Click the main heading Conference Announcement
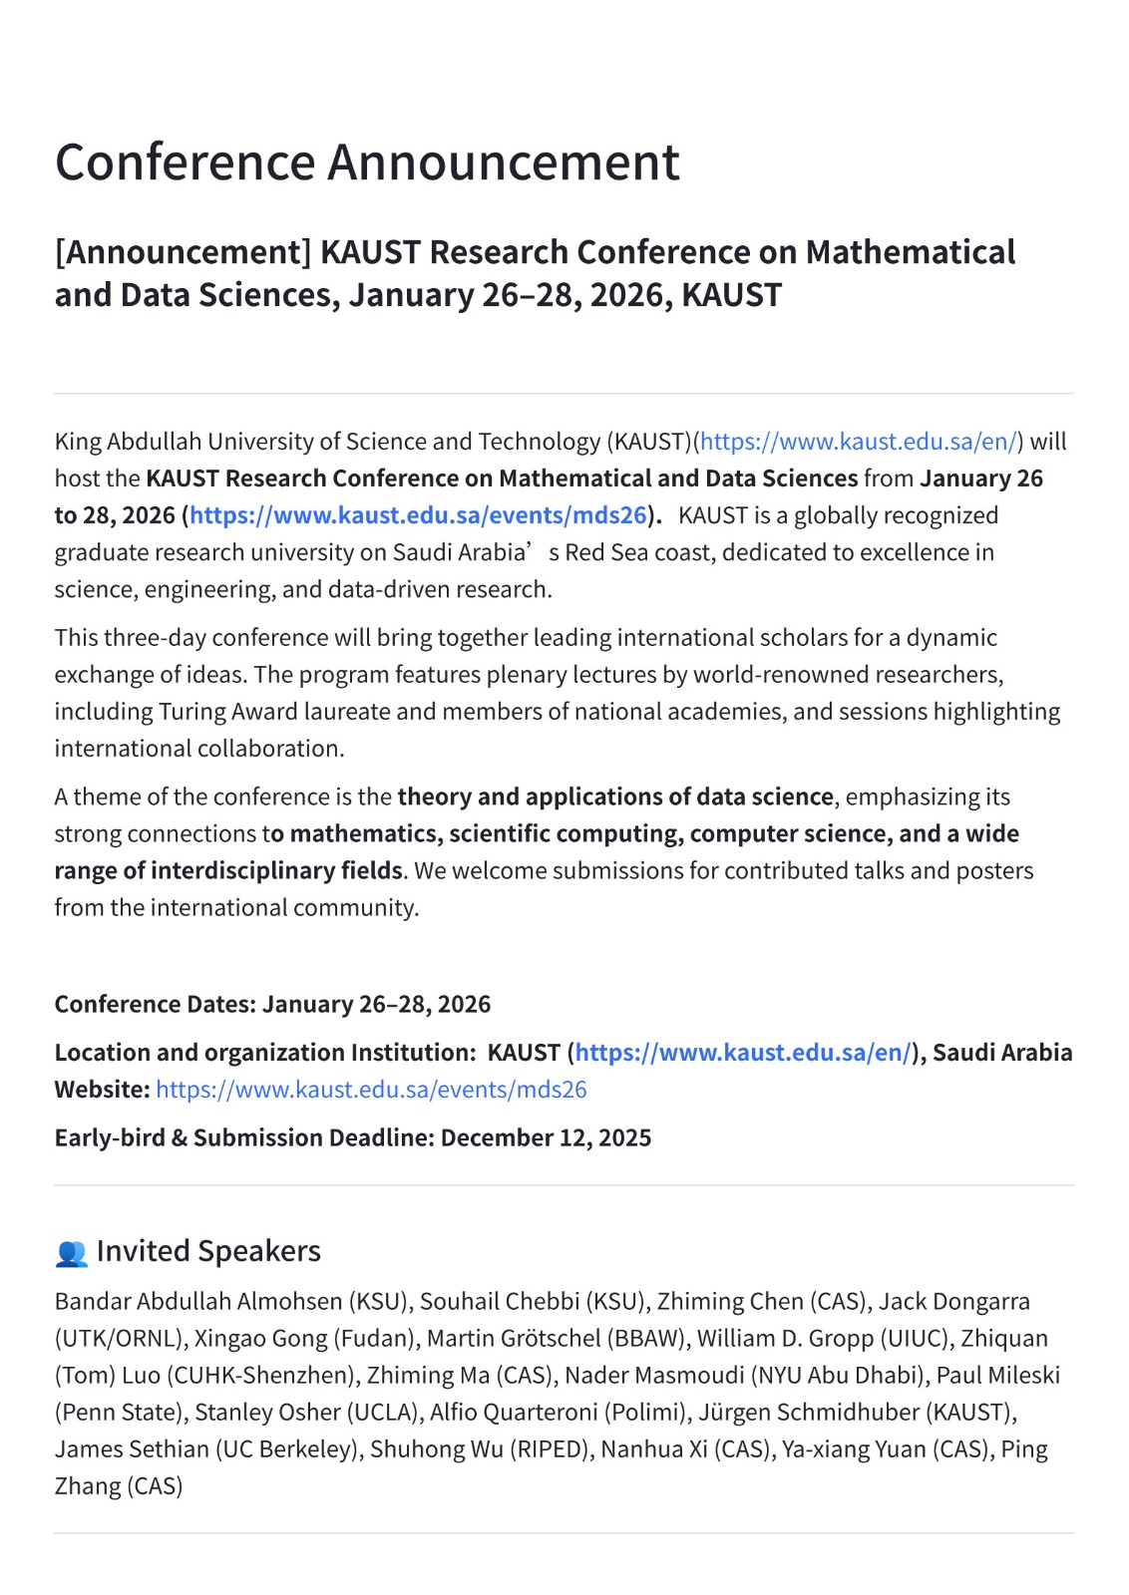click(367, 162)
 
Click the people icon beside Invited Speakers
click(71, 1253)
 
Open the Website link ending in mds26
click(371, 1090)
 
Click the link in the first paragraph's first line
click(859, 442)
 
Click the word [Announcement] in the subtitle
click(184, 252)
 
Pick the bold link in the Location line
click(742, 1053)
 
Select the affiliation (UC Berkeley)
click(288, 1449)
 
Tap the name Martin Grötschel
click(513, 1339)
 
